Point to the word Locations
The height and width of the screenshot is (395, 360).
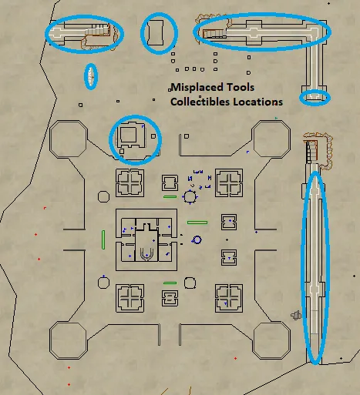[x=258, y=102]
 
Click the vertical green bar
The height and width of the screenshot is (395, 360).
[x=103, y=239]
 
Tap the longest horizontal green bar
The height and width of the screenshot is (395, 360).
[x=197, y=223]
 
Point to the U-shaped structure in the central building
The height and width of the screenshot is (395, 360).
[x=146, y=254]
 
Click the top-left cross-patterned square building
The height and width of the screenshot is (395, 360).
[x=130, y=182]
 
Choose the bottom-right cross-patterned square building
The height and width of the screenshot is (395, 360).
[x=229, y=298]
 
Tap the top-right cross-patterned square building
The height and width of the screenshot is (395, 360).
[x=229, y=182]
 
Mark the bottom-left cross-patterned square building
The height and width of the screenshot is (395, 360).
[x=130, y=298]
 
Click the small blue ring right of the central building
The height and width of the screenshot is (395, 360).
[x=197, y=236]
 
